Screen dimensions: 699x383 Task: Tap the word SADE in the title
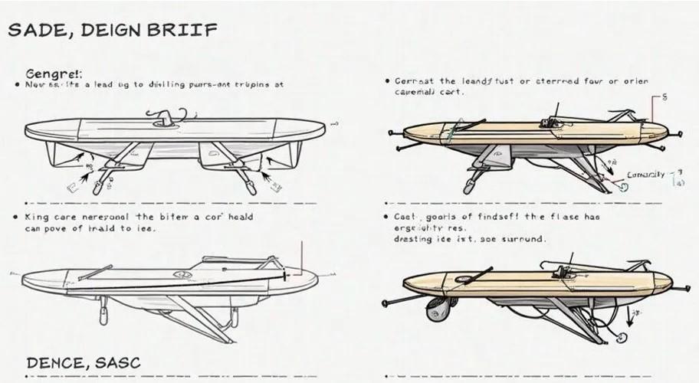tap(32, 31)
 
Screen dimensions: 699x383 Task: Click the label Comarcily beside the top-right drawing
tap(646, 175)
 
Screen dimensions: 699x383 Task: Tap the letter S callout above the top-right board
tap(664, 98)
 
